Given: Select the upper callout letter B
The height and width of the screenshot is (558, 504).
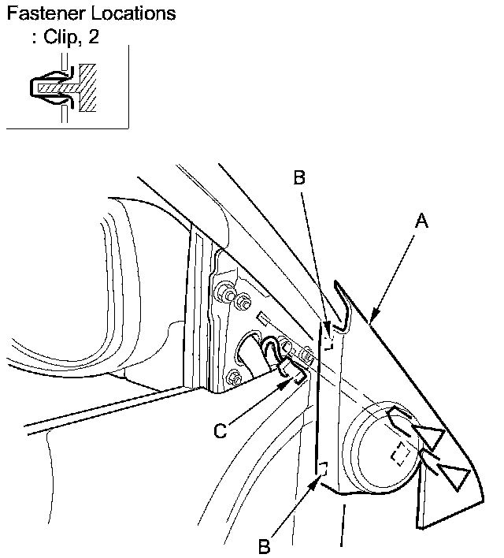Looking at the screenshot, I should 298,178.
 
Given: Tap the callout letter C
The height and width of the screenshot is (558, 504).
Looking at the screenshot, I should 222,431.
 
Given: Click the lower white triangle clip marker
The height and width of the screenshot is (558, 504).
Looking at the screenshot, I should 454,475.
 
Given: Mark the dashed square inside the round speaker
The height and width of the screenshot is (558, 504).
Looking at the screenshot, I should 401,456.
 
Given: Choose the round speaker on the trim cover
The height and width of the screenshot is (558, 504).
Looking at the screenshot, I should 378,449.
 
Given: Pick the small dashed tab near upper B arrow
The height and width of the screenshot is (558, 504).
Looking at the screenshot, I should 331,342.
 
